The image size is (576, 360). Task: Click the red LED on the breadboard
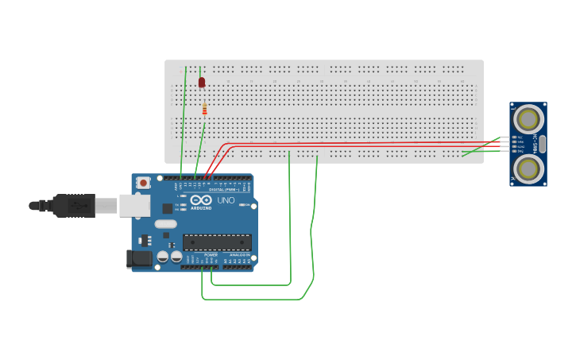pyautogui.click(x=202, y=82)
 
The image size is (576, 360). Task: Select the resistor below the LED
pyautogui.click(x=204, y=109)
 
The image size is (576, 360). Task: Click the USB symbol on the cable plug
pyautogui.click(x=75, y=205)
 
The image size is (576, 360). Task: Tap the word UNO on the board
pyautogui.click(x=226, y=200)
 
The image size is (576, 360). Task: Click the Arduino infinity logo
pyautogui.click(x=201, y=199)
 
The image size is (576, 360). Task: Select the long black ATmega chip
pyautogui.click(x=217, y=242)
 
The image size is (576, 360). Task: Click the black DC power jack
pyautogui.click(x=140, y=259)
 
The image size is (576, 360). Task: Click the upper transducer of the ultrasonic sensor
pyautogui.click(x=528, y=119)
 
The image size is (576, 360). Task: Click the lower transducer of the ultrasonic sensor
pyautogui.click(x=528, y=168)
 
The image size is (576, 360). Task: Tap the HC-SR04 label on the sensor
pyautogui.click(x=537, y=144)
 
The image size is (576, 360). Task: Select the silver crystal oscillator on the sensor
pyautogui.click(x=543, y=144)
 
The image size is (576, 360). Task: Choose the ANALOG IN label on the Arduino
pyautogui.click(x=239, y=255)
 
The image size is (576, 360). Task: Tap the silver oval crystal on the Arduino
pyautogui.click(x=165, y=224)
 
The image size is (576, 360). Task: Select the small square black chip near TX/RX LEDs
pyautogui.click(x=168, y=208)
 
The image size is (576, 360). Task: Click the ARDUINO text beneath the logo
pyautogui.click(x=201, y=208)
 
